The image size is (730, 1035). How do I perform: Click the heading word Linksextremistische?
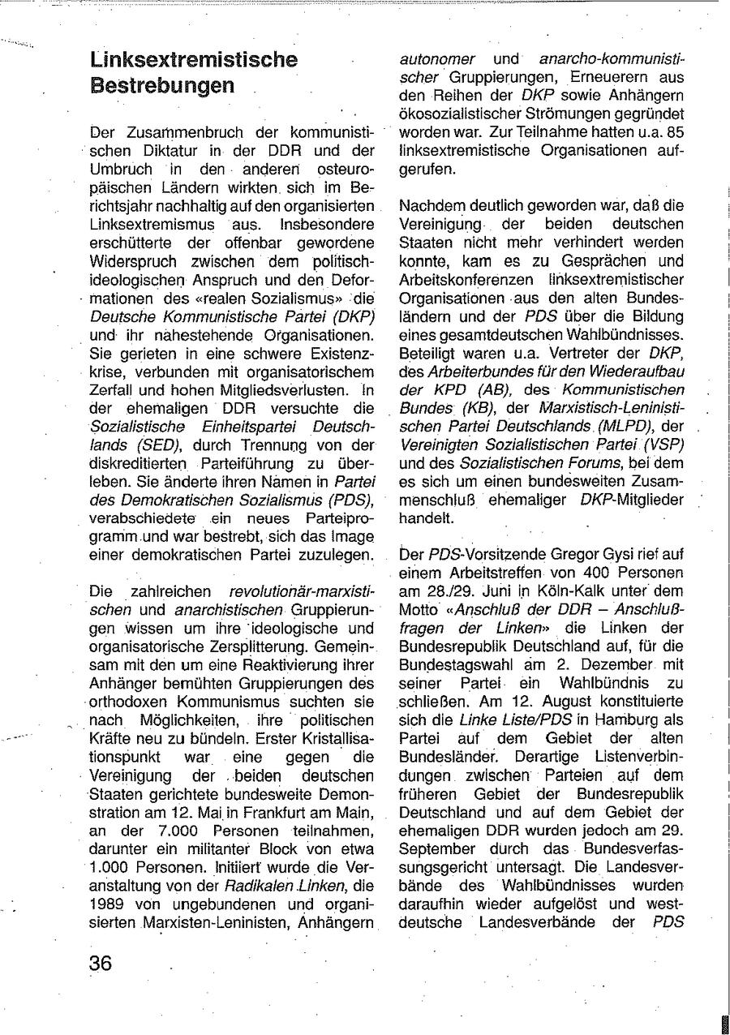tap(194, 59)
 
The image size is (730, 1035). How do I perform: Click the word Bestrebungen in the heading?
tap(162, 85)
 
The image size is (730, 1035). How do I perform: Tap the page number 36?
tap(101, 964)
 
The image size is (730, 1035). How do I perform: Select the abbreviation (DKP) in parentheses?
tap(351, 316)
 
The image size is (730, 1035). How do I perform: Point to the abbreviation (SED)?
tap(153, 445)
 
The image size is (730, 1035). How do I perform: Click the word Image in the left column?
tap(352, 536)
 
